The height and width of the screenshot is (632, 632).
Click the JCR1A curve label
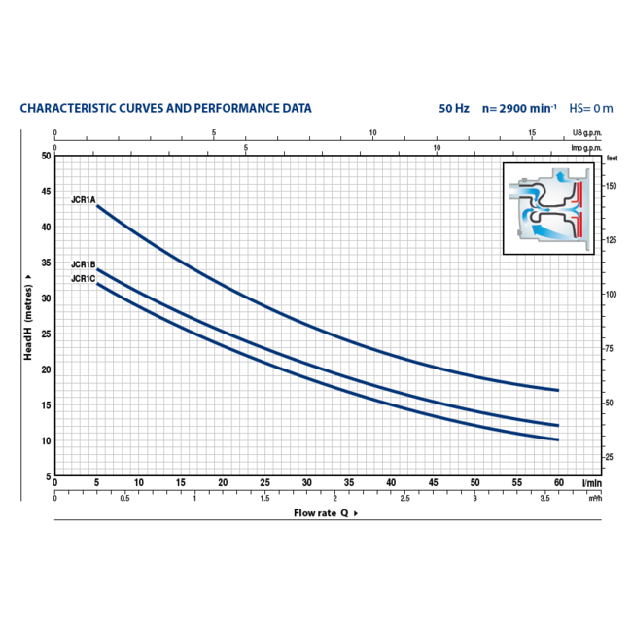(x=83, y=200)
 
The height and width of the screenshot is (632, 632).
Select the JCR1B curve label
(x=83, y=264)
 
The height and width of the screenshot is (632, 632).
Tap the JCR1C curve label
(x=83, y=279)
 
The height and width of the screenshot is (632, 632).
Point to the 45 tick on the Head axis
(x=45, y=192)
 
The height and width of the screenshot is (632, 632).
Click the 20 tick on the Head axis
(x=45, y=370)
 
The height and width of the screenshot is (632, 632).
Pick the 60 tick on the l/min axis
(x=558, y=483)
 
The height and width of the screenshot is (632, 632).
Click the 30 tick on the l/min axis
(x=306, y=483)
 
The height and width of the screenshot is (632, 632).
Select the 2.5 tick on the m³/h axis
(x=404, y=498)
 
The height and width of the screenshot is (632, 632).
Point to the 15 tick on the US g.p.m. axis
(x=532, y=132)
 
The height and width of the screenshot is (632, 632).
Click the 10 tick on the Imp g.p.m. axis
(x=437, y=147)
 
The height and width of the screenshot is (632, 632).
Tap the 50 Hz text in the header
(x=454, y=108)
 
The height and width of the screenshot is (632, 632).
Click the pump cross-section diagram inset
(x=550, y=209)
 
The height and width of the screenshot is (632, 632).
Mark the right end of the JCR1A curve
(x=558, y=390)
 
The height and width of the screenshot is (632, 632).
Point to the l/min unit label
(x=591, y=483)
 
